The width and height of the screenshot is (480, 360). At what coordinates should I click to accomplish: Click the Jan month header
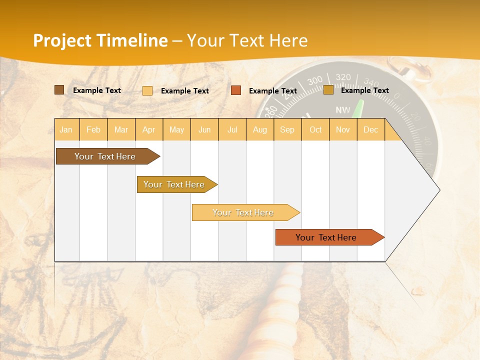66,130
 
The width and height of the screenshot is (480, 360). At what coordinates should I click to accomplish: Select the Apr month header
148,130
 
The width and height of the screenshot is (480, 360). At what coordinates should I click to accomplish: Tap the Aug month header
259,130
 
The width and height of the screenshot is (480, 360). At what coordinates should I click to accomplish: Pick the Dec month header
370,130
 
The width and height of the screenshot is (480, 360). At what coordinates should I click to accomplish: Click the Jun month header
204,130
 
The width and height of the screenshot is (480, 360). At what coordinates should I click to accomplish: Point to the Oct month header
315,130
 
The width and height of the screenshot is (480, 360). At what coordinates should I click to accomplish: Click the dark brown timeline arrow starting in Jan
105,156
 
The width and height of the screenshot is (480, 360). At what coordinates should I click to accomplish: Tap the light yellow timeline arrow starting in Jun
243,212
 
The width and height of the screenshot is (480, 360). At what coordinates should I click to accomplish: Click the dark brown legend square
59,90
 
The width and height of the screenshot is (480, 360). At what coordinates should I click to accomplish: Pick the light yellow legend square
147,90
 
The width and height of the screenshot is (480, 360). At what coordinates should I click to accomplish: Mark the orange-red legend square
236,90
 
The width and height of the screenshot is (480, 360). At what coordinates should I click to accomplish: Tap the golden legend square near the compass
328,90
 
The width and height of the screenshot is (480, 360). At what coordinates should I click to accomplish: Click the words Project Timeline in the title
100,40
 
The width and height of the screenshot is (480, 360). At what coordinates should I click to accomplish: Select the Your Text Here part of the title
247,40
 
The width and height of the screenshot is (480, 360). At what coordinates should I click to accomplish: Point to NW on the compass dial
343,110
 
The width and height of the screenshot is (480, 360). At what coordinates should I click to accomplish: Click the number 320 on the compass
343,77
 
